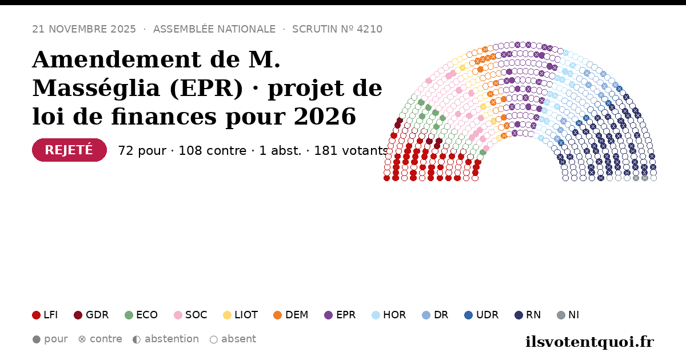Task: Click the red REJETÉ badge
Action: (70, 150)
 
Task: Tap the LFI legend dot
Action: (37, 315)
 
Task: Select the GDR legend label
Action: (97, 315)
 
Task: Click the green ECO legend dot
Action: (129, 315)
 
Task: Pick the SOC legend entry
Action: (190, 315)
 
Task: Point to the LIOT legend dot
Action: (228, 315)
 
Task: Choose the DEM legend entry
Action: (290, 315)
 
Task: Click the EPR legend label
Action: (346, 315)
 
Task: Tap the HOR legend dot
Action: (376, 315)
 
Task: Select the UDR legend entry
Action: (481, 315)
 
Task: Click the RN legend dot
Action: (519, 315)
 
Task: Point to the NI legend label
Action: (573, 315)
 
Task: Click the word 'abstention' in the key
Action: (172, 339)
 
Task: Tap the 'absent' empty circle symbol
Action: (214, 339)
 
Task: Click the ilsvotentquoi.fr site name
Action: (589, 342)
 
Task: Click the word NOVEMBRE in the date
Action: (77, 29)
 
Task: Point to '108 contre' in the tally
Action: (213, 151)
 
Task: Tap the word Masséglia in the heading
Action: (97, 89)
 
